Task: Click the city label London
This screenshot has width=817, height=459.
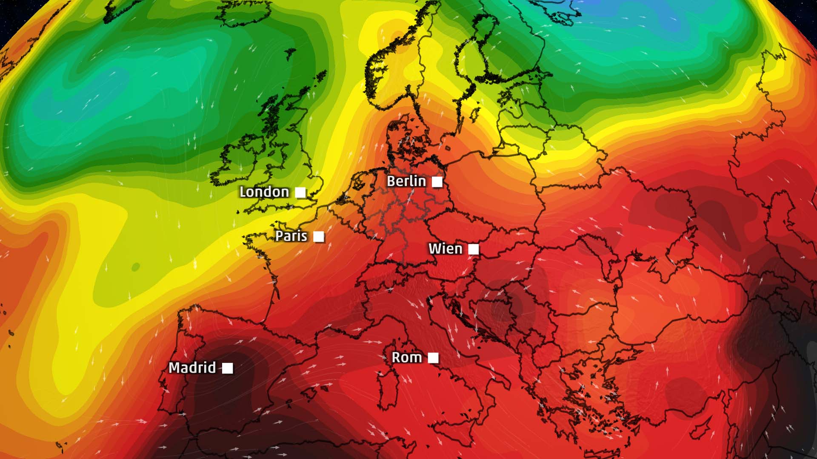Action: [264, 192]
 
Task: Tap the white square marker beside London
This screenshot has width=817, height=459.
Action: [300, 193]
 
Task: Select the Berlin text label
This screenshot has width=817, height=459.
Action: [406, 181]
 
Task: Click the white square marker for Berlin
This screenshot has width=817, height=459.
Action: [437, 182]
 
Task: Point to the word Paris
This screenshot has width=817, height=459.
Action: [291, 236]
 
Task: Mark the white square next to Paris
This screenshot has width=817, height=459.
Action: [319, 237]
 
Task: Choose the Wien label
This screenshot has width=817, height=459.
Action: [445, 249]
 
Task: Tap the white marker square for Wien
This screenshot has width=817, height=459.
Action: [474, 249]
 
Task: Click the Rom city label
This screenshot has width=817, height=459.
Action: [407, 358]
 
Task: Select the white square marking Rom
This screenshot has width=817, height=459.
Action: [433, 358]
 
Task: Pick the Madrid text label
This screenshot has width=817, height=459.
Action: [192, 368]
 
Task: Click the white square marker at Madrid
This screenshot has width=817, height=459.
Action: [228, 368]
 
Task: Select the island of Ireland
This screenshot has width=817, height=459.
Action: [243, 159]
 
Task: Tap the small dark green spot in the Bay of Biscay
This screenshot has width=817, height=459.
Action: [136, 267]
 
